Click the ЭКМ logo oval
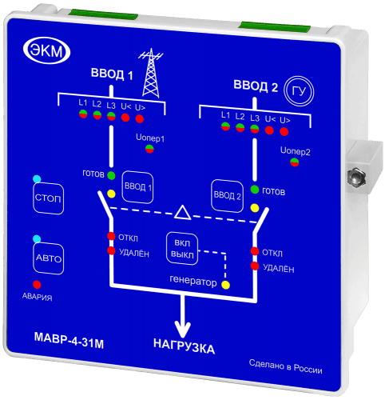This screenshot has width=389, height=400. point(46,50)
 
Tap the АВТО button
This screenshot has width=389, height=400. point(49,258)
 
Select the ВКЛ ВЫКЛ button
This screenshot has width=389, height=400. point(182,249)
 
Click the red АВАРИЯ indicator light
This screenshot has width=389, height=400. point(37,285)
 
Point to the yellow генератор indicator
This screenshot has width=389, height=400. point(226,285)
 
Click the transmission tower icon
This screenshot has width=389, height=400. point(151,73)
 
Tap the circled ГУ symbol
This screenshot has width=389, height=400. point(299,91)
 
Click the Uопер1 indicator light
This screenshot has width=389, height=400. point(149,149)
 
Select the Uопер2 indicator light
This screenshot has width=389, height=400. point(295,162)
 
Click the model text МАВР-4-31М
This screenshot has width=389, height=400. point(69,340)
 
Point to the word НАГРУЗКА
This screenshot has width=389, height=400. point(184,346)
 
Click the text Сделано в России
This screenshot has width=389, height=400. point(285,366)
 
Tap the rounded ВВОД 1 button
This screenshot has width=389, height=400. point(137,187)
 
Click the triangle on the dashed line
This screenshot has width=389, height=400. point(183,213)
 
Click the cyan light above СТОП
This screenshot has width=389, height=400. point(37,179)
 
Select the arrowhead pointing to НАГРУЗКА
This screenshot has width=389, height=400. point(183,330)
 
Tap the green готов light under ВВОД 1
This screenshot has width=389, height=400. point(111,175)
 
